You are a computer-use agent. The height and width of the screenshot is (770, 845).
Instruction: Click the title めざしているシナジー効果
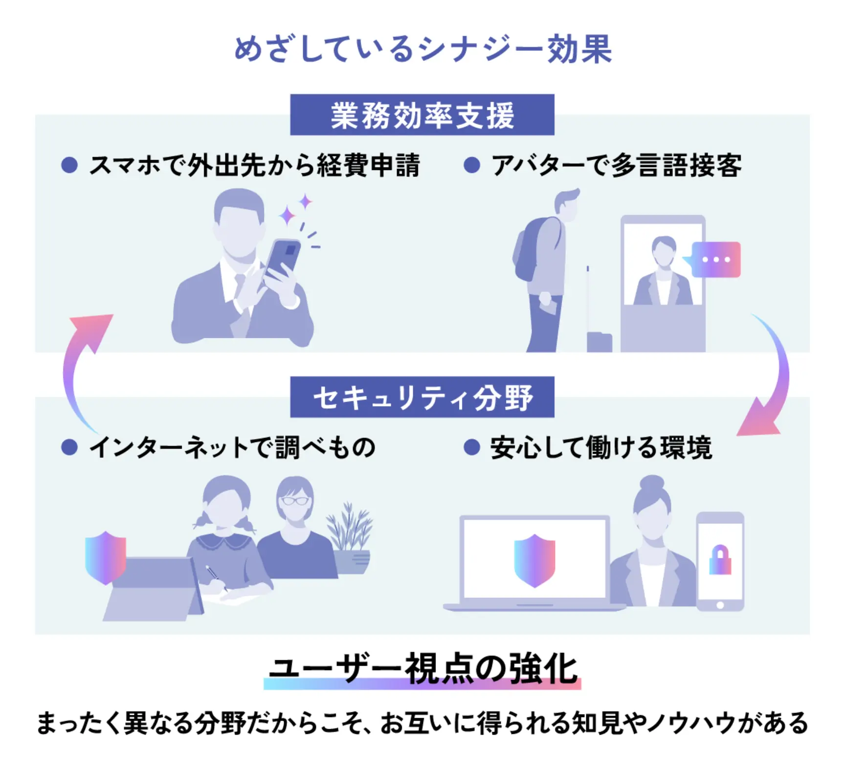tap(422, 49)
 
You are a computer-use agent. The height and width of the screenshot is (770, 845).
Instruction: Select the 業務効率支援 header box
tap(422, 115)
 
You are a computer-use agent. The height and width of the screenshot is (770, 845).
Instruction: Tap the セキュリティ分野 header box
tap(422, 397)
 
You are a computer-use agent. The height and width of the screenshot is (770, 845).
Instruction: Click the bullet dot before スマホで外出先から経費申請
tap(69, 165)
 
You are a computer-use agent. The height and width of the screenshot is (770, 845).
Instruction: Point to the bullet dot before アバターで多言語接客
tap(471, 165)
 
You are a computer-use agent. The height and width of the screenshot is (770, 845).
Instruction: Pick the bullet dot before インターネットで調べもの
tap(69, 447)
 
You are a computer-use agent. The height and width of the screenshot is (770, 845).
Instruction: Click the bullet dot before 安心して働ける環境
tap(471, 447)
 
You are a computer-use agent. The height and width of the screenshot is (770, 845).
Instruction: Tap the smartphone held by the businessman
tap(283, 257)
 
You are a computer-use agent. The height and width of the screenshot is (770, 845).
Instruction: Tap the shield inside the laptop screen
tap(534, 560)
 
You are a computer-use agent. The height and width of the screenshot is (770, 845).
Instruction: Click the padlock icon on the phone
tap(720, 560)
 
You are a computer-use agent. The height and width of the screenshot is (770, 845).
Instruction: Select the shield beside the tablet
tap(106, 557)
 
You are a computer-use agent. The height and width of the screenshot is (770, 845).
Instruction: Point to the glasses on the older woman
tap(295, 501)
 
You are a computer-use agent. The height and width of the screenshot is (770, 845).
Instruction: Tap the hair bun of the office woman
tap(652, 484)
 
